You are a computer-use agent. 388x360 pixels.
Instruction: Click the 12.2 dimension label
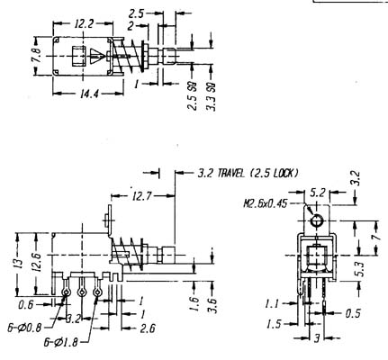tap(84, 23)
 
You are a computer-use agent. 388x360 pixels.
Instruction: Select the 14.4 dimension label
tap(89, 94)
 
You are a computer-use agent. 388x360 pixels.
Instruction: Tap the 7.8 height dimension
tap(37, 55)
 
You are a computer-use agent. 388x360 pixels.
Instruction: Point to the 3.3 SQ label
tap(212, 96)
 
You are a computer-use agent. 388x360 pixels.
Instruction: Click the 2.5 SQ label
tap(193, 96)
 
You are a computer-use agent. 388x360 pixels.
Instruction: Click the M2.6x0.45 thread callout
tap(266, 204)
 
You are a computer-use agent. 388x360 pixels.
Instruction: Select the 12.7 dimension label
tap(142, 196)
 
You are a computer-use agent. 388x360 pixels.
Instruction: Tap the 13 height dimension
tap(19, 262)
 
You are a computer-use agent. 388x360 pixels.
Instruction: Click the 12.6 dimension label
tap(38, 262)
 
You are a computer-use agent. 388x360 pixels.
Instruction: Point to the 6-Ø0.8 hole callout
tap(24, 328)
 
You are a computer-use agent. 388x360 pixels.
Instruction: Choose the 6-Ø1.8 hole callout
tap(61, 343)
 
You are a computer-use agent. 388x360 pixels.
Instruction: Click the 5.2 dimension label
tap(318, 193)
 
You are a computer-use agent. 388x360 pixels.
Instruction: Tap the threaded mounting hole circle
tap(316, 221)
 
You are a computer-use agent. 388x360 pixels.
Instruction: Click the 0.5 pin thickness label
tap(353, 314)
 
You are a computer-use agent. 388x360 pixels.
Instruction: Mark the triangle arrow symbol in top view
tap(97, 56)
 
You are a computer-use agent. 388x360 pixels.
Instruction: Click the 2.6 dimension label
tap(148, 328)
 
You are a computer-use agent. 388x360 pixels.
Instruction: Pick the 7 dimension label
tap(376, 237)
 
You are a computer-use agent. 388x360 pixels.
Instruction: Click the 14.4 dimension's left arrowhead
tap(57, 94)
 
